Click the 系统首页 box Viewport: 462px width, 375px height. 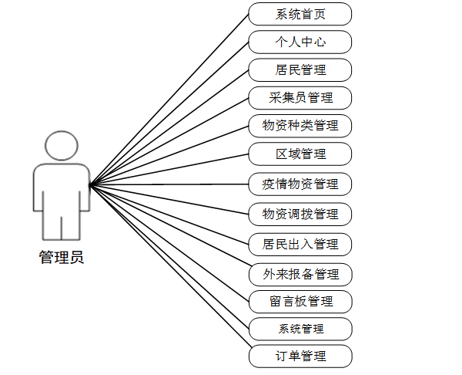[300, 13]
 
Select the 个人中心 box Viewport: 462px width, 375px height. [300, 41]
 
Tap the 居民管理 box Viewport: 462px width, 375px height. [300, 69]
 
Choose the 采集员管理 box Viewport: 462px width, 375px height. [300, 97]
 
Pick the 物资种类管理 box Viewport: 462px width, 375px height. [300, 125]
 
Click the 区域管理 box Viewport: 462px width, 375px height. [300, 154]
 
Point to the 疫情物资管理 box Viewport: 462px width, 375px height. [300, 184]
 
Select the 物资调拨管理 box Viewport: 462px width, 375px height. [300, 213]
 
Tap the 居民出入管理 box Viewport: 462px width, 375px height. [300, 244]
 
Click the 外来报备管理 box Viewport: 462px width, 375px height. [300, 273]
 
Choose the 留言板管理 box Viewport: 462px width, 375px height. [300, 300]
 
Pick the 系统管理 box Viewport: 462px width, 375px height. [300, 329]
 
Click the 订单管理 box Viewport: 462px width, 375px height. [300, 356]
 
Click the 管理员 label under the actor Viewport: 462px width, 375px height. [62, 257]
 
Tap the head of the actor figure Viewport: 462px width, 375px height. [61, 147]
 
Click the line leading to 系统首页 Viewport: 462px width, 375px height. [169, 99]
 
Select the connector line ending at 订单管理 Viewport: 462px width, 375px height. [169, 270]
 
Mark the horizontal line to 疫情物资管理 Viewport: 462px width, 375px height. [169, 184]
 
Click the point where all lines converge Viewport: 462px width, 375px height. [90, 185]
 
